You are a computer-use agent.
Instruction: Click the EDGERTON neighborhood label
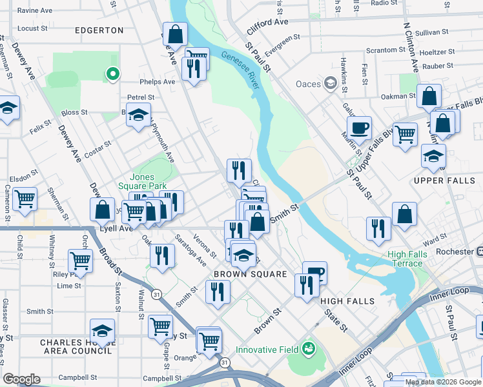[x=99, y=30]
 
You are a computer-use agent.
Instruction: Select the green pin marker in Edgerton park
[x=113, y=75]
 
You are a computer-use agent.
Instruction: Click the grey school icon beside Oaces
[x=331, y=83]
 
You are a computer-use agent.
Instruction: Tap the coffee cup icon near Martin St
[x=359, y=127]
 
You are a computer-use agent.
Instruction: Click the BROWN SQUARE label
[x=251, y=274]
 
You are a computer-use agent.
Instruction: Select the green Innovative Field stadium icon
[x=309, y=350]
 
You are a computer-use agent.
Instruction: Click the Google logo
[x=21, y=379]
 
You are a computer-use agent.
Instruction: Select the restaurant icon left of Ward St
[x=378, y=228]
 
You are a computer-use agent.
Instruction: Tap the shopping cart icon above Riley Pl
[x=80, y=261]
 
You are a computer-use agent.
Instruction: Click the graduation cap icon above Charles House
[x=102, y=330]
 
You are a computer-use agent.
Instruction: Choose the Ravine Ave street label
[x=35, y=11]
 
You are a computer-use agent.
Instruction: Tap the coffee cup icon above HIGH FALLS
[x=314, y=272]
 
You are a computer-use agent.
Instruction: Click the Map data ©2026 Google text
[x=443, y=382]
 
